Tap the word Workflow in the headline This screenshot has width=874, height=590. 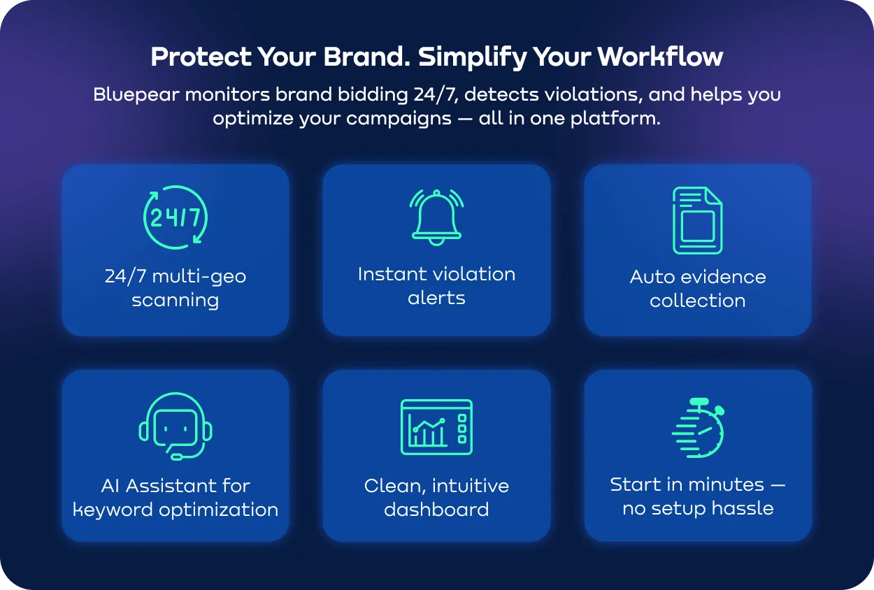pyautogui.click(x=660, y=57)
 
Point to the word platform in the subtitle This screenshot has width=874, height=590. pyautogui.click(x=615, y=119)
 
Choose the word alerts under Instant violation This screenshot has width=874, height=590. pyautogui.click(x=436, y=298)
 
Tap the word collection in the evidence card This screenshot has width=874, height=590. pyautogui.click(x=698, y=301)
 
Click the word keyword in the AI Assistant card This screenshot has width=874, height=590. pyautogui.click(x=113, y=510)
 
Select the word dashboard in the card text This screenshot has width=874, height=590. pyautogui.click(x=436, y=510)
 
